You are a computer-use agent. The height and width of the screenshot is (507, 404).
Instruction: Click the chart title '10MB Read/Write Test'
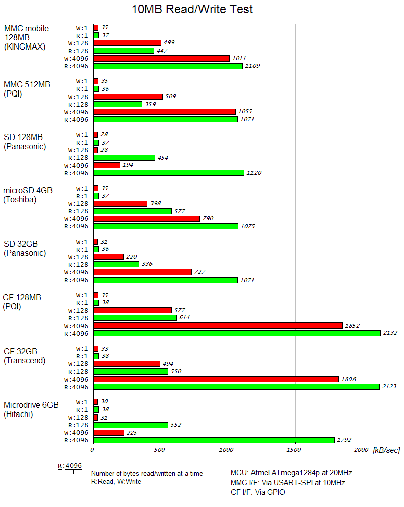point(192,9)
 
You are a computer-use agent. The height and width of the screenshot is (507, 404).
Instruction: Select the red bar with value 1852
point(218,326)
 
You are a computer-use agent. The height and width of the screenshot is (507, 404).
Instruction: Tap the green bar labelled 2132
point(237,333)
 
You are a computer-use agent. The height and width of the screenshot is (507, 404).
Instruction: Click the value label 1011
point(239,59)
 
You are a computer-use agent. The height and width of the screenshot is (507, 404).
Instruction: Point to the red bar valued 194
point(107,165)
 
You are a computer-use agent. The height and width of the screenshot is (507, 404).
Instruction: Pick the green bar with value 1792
point(214,440)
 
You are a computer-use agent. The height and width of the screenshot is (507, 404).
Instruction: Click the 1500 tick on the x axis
point(294,450)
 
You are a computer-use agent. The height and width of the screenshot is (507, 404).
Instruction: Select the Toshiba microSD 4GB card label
point(28,195)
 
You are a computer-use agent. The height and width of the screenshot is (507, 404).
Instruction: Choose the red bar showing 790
point(147,219)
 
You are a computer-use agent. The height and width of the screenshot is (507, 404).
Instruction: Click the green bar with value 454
point(124,158)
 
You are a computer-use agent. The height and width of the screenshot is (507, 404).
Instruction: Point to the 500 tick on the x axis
point(160,450)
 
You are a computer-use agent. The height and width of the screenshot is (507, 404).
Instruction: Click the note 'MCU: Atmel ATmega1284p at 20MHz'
point(291,473)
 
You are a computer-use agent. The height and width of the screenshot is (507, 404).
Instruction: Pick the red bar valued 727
point(143,272)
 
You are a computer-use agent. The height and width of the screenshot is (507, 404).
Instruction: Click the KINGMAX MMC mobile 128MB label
point(26,38)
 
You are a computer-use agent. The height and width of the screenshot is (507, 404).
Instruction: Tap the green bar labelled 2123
point(236,387)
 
